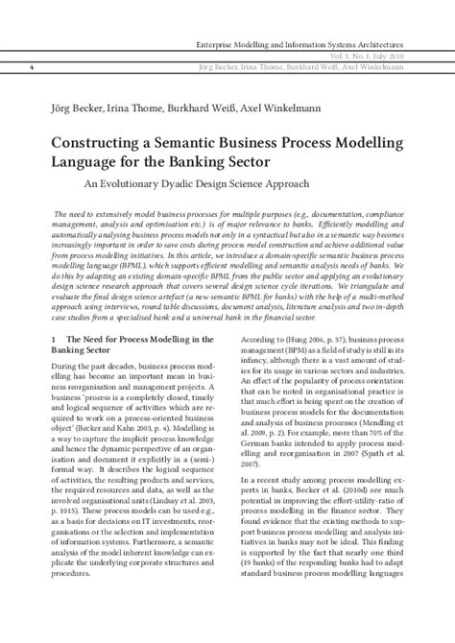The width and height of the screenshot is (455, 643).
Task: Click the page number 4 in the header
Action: click(33, 67)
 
